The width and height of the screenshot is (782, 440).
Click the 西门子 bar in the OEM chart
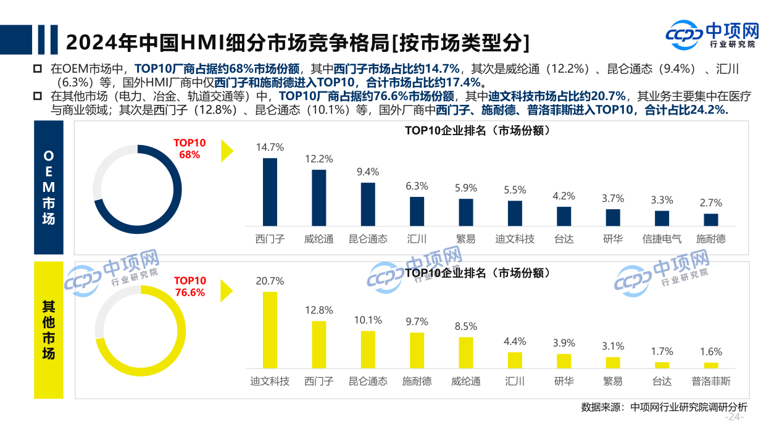pyautogui.click(x=270, y=192)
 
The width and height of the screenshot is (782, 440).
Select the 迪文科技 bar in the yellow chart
pyautogui.click(x=270, y=330)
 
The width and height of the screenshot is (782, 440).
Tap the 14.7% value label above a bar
pyautogui.click(x=270, y=147)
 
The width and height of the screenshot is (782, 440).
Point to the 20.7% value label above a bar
pyautogui.click(x=270, y=281)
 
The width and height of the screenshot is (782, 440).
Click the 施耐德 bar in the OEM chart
pyautogui.click(x=710, y=220)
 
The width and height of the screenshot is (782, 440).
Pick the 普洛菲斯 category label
pyautogui.click(x=710, y=381)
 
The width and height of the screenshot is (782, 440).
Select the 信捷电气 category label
pyautogui.click(x=662, y=239)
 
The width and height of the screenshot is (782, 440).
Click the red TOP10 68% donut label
pyautogui.click(x=189, y=149)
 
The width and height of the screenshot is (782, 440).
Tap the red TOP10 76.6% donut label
pyautogui.click(x=189, y=287)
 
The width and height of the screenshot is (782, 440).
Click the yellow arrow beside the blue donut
pyautogui.click(x=227, y=151)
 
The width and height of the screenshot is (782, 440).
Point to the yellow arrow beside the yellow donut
pyautogui.click(x=227, y=289)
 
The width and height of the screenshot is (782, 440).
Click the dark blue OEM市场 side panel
pyautogui.click(x=48, y=187)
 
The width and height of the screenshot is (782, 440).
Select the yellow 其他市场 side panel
pyautogui.click(x=48, y=330)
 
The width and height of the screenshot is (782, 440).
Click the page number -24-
pyautogui.click(x=734, y=418)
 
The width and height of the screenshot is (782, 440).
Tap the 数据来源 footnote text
pyautogui.click(x=663, y=407)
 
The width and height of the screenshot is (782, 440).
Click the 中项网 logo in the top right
pyautogui.click(x=713, y=35)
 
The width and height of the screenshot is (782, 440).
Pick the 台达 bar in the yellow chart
pyautogui.click(x=662, y=365)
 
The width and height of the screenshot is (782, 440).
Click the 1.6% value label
pyautogui.click(x=710, y=352)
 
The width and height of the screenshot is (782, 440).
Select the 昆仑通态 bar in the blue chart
pyautogui.click(x=368, y=204)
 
